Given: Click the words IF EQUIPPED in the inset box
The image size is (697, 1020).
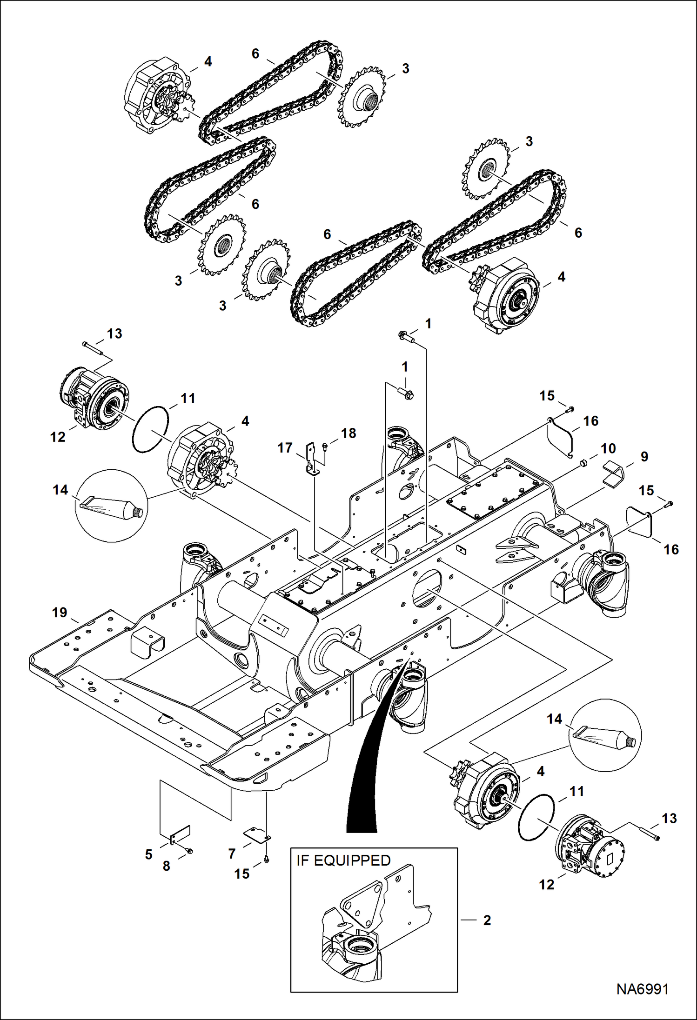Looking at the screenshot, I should [x=343, y=860].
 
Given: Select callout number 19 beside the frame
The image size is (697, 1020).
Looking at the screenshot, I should [x=60, y=613].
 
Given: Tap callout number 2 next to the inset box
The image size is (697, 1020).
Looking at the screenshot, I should [x=487, y=920].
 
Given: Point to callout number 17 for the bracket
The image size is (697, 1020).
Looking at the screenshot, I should [x=285, y=448].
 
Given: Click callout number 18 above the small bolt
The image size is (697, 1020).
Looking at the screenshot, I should [x=348, y=433].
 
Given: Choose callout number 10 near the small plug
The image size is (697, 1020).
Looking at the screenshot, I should [x=608, y=448].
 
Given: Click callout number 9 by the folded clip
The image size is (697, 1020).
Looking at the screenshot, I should [x=644, y=456].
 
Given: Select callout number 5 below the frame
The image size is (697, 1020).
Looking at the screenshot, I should [x=148, y=854].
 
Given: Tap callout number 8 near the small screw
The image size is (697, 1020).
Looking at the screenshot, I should [x=166, y=866].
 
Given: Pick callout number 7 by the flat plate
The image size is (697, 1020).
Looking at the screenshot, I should [x=232, y=853].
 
